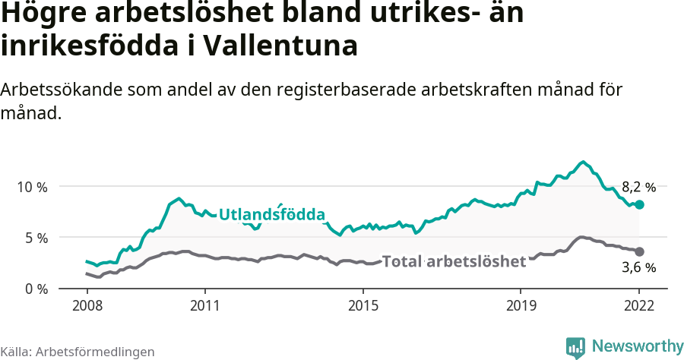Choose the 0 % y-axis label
[x=37, y=289]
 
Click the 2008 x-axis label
[x=87, y=308]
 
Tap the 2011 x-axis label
[x=205, y=308]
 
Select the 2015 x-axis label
[x=363, y=308]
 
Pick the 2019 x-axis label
[x=521, y=308]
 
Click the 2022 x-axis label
[x=640, y=308]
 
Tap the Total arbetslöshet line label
[x=454, y=262]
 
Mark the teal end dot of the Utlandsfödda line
[x=640, y=204]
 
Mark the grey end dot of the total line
[x=640, y=251]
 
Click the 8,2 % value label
[x=638, y=187]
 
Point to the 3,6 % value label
[x=638, y=267]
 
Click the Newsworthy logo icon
[x=575, y=346]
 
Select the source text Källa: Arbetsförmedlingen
[x=78, y=352]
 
